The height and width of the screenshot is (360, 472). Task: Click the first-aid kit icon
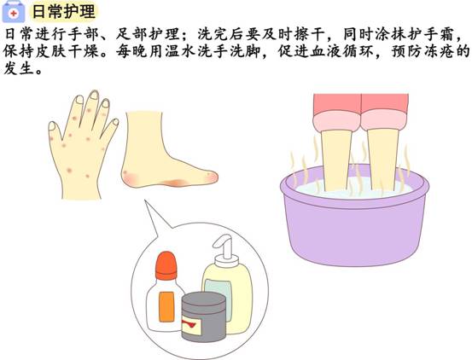[14, 11]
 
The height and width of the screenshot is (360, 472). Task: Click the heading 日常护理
[63, 11]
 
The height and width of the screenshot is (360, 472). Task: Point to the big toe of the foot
[211, 177]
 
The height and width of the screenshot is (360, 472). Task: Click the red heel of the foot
[130, 178]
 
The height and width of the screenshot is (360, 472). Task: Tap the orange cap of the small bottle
[166, 265]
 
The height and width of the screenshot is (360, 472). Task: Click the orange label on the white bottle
[166, 307]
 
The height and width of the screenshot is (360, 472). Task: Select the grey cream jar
[203, 316]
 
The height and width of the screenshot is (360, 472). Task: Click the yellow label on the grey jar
[191, 326]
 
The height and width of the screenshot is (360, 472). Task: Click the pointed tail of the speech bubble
[147, 202]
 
